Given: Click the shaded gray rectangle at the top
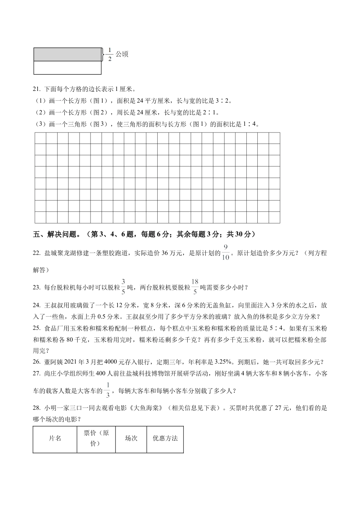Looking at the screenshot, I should tap(67, 55).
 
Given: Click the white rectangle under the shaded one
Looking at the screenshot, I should tap(67, 68).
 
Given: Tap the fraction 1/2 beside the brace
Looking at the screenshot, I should tap(110, 55).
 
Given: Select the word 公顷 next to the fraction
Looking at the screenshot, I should tap(122, 54).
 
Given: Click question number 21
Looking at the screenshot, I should tap(37, 89).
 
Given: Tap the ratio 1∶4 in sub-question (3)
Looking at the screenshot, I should tap(250, 124).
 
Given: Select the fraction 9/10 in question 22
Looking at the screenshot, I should tap(225, 253).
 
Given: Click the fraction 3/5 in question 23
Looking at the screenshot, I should tap(123, 287).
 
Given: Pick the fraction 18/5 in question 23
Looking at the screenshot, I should tap(195, 287).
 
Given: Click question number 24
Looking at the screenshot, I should tap(37, 305).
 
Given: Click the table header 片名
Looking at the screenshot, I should tap(55, 439).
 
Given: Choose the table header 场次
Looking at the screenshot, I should tap(131, 439).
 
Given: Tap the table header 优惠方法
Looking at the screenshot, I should tap(165, 439).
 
